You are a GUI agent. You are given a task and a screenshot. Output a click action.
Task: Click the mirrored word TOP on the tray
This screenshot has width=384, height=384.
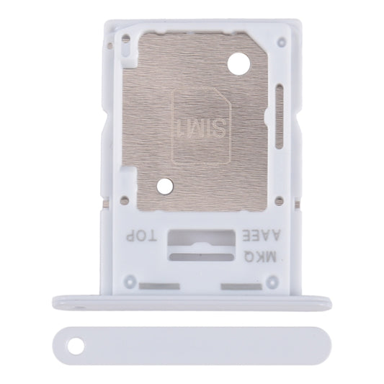point(140,236)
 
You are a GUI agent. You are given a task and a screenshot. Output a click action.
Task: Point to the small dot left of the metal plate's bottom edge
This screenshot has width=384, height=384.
point(124,199)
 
